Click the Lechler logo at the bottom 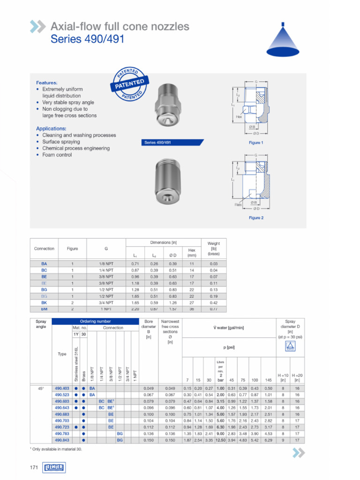coord(53,467)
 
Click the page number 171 coord(34,467)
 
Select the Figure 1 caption coord(255,142)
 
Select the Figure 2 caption coord(255,217)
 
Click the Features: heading coord(47,82)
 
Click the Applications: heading coord(51,128)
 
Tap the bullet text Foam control coord(57,155)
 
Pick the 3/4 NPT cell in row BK coord(106,303)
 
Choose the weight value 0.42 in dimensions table coord(213,303)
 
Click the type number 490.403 coord(62,388)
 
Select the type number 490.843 coord(62,440)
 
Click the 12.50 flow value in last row coord(220,440)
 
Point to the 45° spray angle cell coord(40,388)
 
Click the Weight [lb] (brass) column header coord(213,248)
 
